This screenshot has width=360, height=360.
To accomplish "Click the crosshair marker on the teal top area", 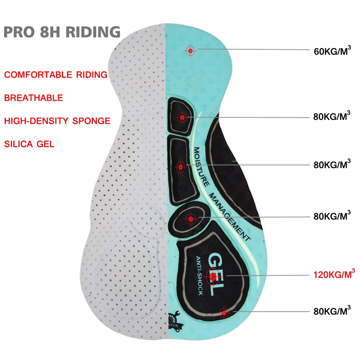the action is (190, 51).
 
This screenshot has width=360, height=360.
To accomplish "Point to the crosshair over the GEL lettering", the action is (213, 276).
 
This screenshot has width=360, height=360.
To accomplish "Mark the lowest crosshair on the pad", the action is (225, 313).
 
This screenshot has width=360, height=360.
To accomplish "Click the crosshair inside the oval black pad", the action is (190, 218).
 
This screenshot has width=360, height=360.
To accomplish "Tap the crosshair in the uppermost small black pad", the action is (182, 117).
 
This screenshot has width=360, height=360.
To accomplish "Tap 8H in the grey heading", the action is (44, 32).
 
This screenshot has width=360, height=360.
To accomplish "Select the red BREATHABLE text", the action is (33, 98).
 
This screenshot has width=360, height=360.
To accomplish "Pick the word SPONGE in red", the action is (91, 121).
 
